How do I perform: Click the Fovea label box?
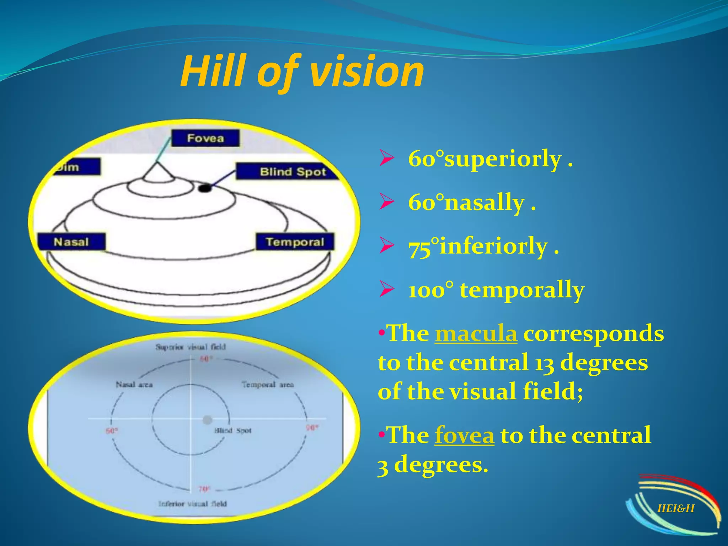click(x=205, y=138)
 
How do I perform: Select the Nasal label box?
click(x=71, y=242)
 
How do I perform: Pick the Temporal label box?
click(x=295, y=242)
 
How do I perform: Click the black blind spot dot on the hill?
click(x=204, y=188)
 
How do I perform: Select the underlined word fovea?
click(x=464, y=435)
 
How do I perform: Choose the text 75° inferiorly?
click(x=483, y=246)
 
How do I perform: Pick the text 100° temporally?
click(x=496, y=290)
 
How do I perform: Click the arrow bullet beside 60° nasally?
click(x=386, y=202)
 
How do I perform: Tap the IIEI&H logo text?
click(x=676, y=508)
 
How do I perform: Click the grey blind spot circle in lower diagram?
click(x=207, y=420)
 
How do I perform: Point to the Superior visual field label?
click(x=191, y=347)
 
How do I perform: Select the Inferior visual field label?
click(x=192, y=503)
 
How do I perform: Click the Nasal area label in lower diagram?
click(x=134, y=385)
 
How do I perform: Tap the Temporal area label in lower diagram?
click(x=268, y=385)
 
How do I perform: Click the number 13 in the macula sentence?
click(x=544, y=363)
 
